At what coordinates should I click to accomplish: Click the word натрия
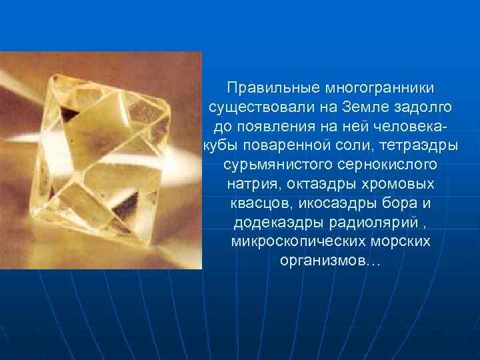(248, 183)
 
